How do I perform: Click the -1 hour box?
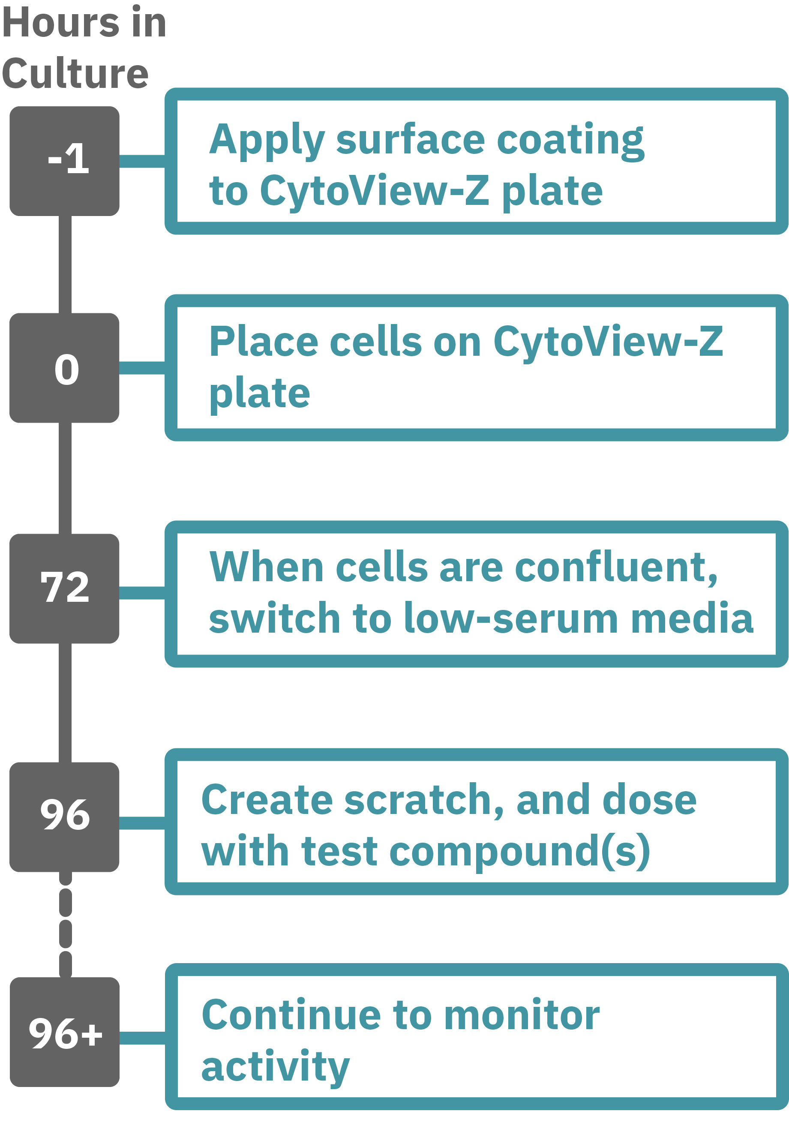click(x=64, y=161)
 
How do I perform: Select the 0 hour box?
click(x=64, y=367)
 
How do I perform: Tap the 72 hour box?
click(x=64, y=588)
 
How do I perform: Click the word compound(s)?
click(x=519, y=851)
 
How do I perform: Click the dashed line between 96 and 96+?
click(x=66, y=925)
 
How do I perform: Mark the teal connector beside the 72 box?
click(x=142, y=592)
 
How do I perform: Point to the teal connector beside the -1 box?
click(x=142, y=161)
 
